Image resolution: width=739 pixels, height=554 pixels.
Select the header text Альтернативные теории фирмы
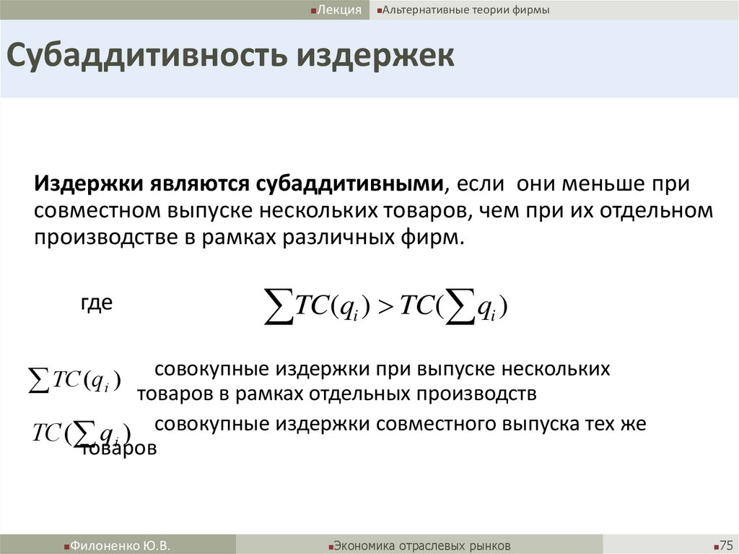point(466,9)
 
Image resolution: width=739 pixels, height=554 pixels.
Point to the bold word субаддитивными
point(349,183)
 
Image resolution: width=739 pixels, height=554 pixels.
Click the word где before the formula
point(96,303)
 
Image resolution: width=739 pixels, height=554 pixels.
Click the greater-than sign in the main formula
point(384,307)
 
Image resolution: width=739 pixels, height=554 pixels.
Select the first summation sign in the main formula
point(279,307)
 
